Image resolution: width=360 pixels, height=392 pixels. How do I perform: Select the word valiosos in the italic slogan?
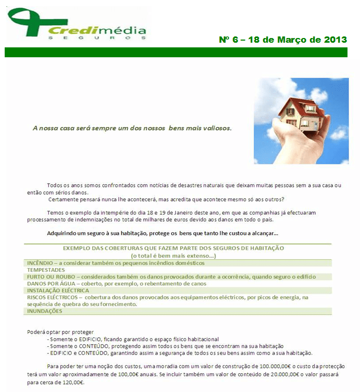point(215,128)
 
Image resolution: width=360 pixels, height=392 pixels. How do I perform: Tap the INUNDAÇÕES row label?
point(45,311)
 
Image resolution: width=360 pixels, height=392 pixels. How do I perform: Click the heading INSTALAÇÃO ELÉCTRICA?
point(59,290)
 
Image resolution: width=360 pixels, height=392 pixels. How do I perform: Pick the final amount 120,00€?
point(72,383)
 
